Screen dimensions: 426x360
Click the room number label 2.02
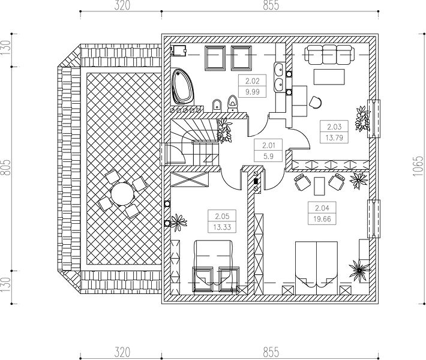click(x=253, y=81)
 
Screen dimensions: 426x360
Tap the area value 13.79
click(x=334, y=137)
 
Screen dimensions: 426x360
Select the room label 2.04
click(x=322, y=208)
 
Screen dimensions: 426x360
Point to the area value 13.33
click(x=222, y=227)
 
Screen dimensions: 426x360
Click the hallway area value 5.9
click(x=268, y=156)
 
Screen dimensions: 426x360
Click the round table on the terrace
click(x=122, y=194)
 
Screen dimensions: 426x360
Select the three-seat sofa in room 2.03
click(x=329, y=55)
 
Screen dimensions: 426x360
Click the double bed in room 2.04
click(x=316, y=268)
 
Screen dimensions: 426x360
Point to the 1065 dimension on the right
click(x=418, y=166)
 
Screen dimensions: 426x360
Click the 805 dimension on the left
click(x=6, y=167)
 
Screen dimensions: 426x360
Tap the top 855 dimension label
click(x=271, y=5)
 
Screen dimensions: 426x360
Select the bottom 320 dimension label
click(x=122, y=352)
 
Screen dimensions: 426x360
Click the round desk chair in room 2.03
click(x=315, y=102)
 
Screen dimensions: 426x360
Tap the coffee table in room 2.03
click(x=329, y=77)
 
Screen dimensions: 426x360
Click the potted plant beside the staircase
click(x=224, y=130)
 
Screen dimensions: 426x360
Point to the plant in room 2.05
click(x=178, y=222)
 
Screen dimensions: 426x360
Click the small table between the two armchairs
click(x=319, y=186)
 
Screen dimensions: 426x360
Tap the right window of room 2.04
click(x=374, y=219)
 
